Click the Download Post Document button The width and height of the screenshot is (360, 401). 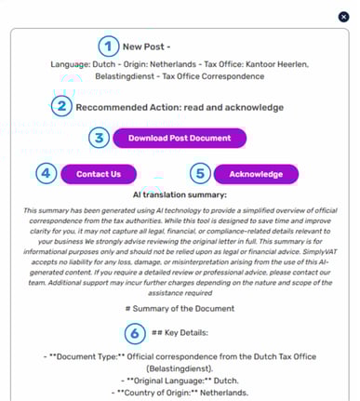(179, 139)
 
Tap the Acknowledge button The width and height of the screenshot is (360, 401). (256, 174)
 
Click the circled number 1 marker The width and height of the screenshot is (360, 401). (110, 46)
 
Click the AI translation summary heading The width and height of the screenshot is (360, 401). (180, 195)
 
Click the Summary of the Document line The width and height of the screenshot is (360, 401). (180, 309)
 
